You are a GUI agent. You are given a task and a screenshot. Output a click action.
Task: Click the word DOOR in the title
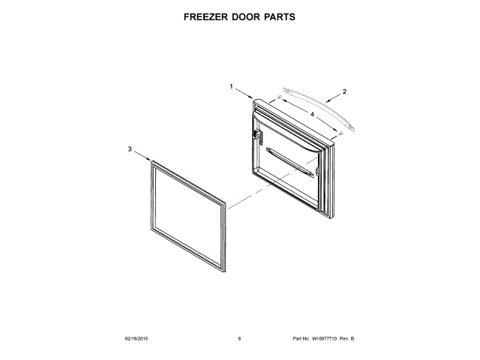pos(247,16)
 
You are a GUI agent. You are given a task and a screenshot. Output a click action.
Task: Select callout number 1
pos(232,86)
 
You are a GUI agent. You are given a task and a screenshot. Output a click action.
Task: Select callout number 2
pos(344,91)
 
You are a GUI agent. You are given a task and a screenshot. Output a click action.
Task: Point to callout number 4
pos(311,115)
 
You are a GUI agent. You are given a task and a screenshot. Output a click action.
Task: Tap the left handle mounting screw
pos(280,97)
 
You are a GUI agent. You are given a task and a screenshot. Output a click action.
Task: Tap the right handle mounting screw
pos(341,133)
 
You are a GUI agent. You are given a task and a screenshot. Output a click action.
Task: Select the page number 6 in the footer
pos(239,338)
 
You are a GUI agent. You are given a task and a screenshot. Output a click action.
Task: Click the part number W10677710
pos(325,338)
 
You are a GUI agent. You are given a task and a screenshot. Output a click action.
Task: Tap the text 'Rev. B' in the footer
pos(347,338)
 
